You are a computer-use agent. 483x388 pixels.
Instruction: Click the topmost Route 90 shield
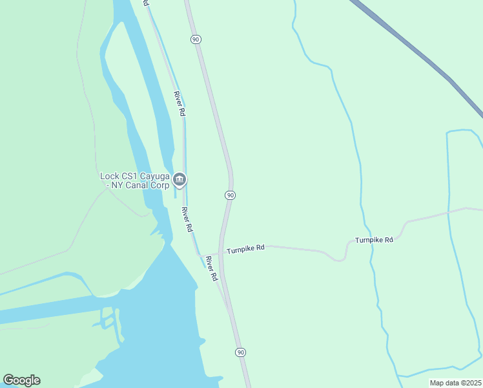pyautogui.click(x=196, y=39)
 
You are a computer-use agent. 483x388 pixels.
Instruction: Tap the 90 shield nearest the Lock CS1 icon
pyautogui.click(x=230, y=195)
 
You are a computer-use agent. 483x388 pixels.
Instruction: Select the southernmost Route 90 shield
pyautogui.click(x=240, y=352)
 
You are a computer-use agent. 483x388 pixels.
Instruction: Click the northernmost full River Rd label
pyautogui.click(x=180, y=103)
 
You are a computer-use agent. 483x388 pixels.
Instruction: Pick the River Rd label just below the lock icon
pyautogui.click(x=187, y=220)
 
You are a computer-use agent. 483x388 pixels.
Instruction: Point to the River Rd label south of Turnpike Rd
pyautogui.click(x=211, y=268)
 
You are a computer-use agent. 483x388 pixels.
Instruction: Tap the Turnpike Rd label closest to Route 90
pyautogui.click(x=245, y=248)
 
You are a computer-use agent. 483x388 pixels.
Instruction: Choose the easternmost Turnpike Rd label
pyautogui.click(x=374, y=240)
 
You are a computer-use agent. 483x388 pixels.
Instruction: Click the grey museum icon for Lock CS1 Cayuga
pyautogui.click(x=180, y=180)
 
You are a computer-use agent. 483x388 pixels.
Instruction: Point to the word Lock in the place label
pyautogui.click(x=110, y=175)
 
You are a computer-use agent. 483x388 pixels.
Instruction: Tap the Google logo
pyautogui.click(x=21, y=380)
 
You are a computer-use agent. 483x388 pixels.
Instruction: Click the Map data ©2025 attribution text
pyautogui.click(x=455, y=383)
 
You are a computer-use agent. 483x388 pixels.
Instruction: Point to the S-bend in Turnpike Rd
pyautogui.click(x=342, y=255)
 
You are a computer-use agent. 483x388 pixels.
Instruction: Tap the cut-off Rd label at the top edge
pyautogui.click(x=146, y=3)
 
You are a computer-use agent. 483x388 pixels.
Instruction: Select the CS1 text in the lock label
pyautogui.click(x=130, y=175)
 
